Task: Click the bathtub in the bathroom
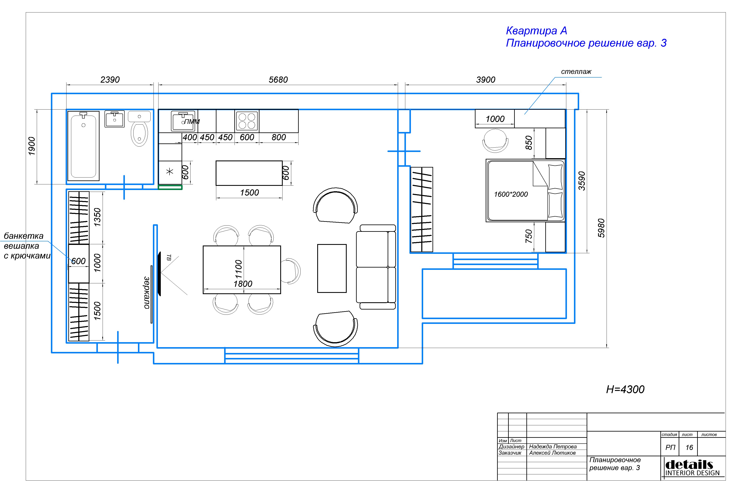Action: (84, 146)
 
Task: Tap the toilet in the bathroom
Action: (139, 129)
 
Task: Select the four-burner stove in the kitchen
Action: (247, 121)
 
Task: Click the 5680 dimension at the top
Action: (278, 80)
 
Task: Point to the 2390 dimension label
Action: (110, 80)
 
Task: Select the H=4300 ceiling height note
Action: (625, 389)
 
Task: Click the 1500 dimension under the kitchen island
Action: (249, 192)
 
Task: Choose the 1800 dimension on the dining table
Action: (243, 284)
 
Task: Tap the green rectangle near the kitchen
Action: (170, 188)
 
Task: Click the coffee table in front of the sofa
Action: (332, 268)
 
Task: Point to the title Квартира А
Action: (536, 31)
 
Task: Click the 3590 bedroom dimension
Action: (581, 181)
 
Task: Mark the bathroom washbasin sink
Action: (114, 119)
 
